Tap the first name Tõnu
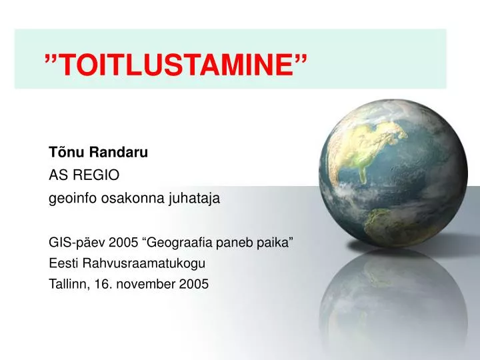click(66, 152)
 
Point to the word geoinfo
click(73, 198)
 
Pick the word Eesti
click(63, 263)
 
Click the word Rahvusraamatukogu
click(144, 263)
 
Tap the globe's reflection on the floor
click(393, 303)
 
